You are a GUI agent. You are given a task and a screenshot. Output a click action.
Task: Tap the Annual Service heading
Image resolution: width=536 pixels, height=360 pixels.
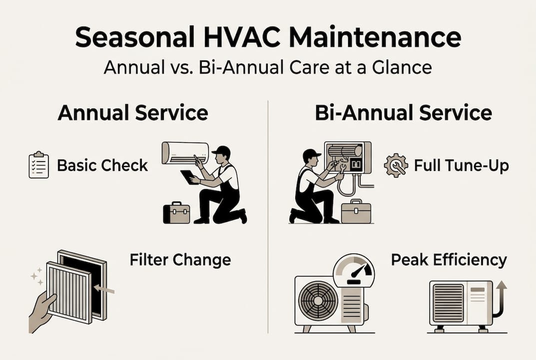pyautogui.click(x=132, y=113)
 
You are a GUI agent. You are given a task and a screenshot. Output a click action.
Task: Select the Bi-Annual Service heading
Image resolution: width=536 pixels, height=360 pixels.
pyautogui.click(x=403, y=113)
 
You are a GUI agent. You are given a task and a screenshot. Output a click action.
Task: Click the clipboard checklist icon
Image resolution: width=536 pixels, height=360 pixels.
pyautogui.click(x=39, y=165)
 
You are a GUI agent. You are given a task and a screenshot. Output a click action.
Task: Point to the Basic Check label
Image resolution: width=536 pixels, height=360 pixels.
pyautogui.click(x=102, y=165)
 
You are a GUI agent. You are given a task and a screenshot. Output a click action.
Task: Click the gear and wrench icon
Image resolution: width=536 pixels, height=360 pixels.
pyautogui.click(x=396, y=165)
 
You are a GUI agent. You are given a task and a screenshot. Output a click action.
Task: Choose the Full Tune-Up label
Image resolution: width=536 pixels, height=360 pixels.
pyautogui.click(x=462, y=165)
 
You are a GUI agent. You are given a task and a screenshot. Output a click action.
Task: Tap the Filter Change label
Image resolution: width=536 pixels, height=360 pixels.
pyautogui.click(x=180, y=260)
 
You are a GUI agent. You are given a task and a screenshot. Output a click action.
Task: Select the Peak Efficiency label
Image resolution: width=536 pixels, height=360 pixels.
pyautogui.click(x=449, y=260)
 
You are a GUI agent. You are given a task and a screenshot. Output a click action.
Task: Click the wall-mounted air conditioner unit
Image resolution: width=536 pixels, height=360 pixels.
pyautogui.click(x=185, y=152)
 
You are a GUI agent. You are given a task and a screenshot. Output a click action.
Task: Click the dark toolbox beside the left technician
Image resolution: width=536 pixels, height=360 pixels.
pyautogui.click(x=176, y=213)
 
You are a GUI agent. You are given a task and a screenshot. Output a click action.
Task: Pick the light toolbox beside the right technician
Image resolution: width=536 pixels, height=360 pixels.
pyautogui.click(x=356, y=211)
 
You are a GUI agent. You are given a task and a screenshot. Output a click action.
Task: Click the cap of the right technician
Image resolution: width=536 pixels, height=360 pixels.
pyautogui.click(x=312, y=153)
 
